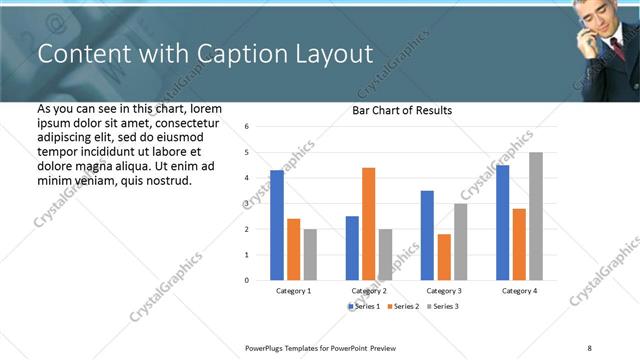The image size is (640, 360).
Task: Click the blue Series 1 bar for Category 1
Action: [x=277, y=225]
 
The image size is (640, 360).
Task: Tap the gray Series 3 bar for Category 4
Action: [x=536, y=216]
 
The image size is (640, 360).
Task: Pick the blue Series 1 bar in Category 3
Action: [x=427, y=235]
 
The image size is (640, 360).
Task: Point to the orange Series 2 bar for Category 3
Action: [x=444, y=257]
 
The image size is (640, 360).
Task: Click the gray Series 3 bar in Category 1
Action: [x=310, y=254]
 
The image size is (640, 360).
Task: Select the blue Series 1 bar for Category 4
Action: [x=502, y=222]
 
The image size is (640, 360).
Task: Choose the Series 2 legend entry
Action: [x=404, y=305]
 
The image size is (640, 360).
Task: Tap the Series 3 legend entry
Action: [x=443, y=305]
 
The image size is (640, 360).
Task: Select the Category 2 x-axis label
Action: [x=369, y=290]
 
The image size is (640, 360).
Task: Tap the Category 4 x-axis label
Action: [x=519, y=290]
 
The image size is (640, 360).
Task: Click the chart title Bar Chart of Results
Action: [x=402, y=110]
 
